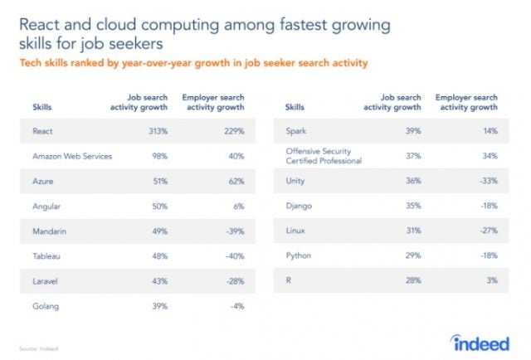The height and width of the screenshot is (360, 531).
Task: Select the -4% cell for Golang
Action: tap(237, 305)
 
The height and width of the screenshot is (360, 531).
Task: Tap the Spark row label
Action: tap(295, 130)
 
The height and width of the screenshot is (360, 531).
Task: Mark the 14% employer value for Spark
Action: tap(490, 130)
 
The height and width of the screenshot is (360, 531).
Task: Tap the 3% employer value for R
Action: tap(492, 281)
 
